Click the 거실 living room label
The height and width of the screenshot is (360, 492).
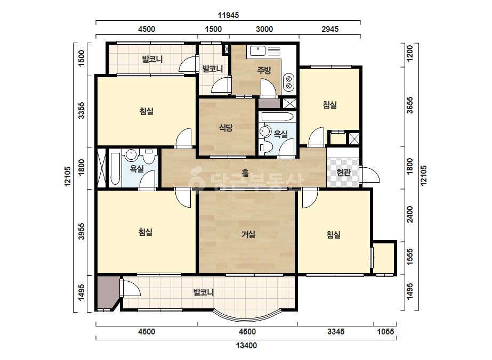click(x=248, y=234)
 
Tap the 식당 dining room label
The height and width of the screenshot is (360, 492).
click(x=225, y=128)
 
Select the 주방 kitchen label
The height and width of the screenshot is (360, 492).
click(x=264, y=70)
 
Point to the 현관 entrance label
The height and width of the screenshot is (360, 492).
click(x=343, y=172)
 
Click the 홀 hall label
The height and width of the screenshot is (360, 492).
click(x=245, y=173)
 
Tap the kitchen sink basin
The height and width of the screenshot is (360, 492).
click(x=258, y=51)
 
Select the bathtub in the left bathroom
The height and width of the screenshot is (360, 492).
click(x=115, y=169)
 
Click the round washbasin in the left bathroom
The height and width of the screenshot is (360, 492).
click(x=131, y=154)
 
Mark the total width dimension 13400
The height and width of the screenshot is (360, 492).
click(x=246, y=346)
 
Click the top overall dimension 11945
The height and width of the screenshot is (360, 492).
click(x=229, y=15)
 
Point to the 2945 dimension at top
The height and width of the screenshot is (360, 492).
click(x=330, y=29)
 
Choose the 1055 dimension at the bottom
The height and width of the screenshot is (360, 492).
click(x=385, y=331)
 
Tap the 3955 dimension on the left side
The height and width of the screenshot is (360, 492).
click(x=81, y=232)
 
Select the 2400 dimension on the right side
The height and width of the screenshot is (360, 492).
click(x=410, y=214)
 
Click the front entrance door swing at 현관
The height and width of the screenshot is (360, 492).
click(x=370, y=174)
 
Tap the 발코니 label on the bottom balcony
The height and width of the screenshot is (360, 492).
click(x=204, y=292)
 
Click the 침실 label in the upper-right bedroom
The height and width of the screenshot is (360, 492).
click(x=330, y=105)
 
